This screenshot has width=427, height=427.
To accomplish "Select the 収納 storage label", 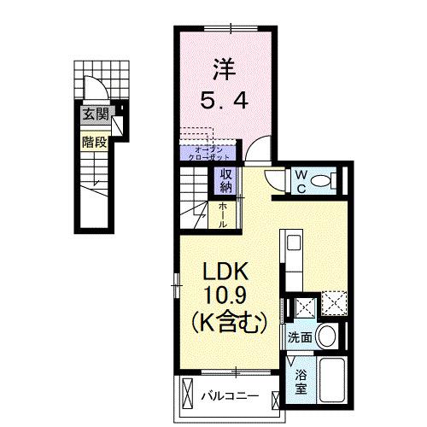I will (x=226, y=182).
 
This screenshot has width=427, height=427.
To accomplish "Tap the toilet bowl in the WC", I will (x=322, y=181).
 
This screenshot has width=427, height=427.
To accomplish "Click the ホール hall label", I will (x=222, y=213).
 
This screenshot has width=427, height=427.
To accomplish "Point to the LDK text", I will (x=225, y=272).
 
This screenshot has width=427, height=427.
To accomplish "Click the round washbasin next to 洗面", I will (x=325, y=336).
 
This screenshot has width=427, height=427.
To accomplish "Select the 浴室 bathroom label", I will (x=301, y=380).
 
